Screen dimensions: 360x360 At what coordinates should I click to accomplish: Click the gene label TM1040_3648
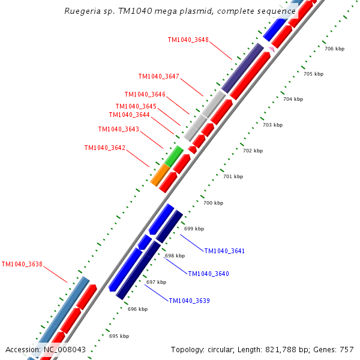tap(188, 40)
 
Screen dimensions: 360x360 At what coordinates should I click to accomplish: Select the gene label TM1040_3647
tap(159, 76)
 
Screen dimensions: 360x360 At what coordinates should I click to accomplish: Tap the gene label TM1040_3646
tap(145, 94)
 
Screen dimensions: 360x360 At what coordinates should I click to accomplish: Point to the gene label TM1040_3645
tap(136, 106)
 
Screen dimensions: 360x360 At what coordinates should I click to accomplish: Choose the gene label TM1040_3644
tap(130, 115)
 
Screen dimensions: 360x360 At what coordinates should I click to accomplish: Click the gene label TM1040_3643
tap(119, 129)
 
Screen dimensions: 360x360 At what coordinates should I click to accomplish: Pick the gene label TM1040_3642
tap(105, 148)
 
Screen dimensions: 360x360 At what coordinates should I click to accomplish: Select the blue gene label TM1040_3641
tap(224, 251)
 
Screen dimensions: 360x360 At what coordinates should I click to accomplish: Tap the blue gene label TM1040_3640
tap(208, 274)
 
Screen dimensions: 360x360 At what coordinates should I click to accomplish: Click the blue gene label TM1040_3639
tap(189, 301)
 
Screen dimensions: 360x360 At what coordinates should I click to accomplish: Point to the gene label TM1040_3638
tap(22, 263)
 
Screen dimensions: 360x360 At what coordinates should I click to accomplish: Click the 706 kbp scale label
tap(334, 49)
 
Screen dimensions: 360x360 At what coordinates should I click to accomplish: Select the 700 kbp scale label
tap(213, 203)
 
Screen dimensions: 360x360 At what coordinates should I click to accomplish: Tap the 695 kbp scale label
tap(119, 336)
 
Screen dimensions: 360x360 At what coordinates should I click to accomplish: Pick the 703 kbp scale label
tap(272, 125)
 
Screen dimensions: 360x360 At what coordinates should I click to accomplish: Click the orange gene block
tap(160, 175)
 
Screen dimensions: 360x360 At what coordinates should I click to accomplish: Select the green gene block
tap(174, 156)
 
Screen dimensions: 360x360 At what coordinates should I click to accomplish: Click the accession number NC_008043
tap(64, 349)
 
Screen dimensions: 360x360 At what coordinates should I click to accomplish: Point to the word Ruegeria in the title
tap(82, 11)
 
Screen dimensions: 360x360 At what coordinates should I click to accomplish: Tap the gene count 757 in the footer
tap(347, 349)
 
